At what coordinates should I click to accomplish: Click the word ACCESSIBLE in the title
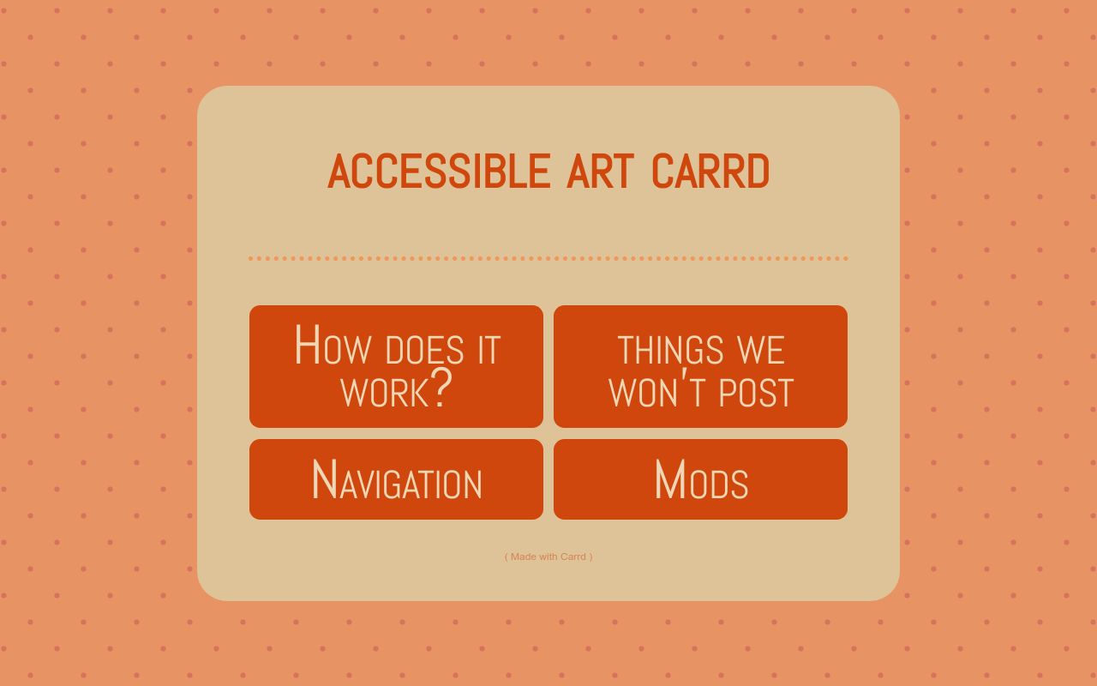438,171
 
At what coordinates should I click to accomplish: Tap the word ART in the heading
599,171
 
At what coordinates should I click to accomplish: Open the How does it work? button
396,366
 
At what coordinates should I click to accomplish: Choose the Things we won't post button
700,366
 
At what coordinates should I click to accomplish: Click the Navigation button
396,479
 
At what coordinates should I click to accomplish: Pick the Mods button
700,479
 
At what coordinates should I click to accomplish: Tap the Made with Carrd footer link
548,557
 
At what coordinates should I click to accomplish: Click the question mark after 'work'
441,388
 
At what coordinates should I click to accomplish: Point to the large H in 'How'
307,345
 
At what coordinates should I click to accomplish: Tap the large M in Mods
669,479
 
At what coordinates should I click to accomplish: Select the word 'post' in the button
756,393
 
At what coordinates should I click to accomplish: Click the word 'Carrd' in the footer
572,557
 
